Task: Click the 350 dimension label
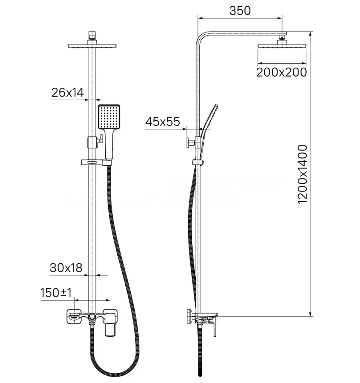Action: (240, 11)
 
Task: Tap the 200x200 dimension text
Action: (281, 72)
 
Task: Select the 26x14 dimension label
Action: (67, 93)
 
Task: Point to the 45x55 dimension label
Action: (163, 122)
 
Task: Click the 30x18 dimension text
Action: (66, 268)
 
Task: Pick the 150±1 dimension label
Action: (56, 293)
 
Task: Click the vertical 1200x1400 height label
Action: (302, 174)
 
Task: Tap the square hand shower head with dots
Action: (109, 117)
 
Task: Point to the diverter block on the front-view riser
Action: (92, 143)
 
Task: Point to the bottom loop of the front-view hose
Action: (115, 372)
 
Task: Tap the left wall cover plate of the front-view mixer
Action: (73, 317)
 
